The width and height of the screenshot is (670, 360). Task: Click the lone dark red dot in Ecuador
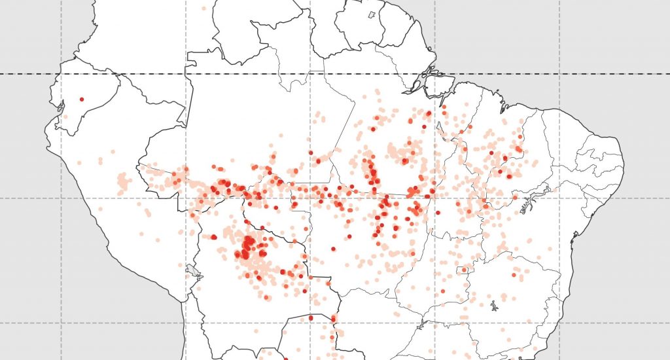click(81, 99)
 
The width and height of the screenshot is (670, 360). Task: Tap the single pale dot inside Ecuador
click(65, 117)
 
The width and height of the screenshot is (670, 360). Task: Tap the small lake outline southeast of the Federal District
click(493, 304)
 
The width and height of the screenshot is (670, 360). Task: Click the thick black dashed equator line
click(262, 74)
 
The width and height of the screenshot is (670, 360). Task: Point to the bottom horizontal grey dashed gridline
click(393, 323)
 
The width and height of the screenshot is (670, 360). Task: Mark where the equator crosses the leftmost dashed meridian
click(62, 74)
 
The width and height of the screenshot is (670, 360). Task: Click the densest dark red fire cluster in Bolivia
click(248, 247)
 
